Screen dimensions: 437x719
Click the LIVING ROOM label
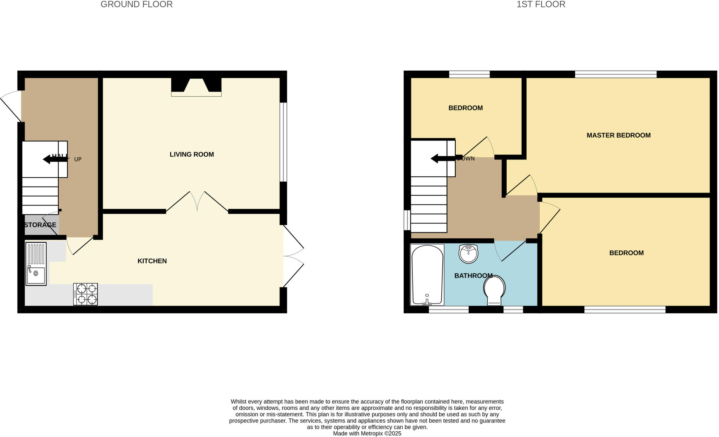pyautogui.click(x=192, y=154)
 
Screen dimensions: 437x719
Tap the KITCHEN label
pyautogui.click(x=152, y=261)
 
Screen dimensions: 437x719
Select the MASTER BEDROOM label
pyautogui.click(x=618, y=135)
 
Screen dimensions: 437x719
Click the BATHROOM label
pyautogui.click(x=473, y=276)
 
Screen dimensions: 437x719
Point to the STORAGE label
pyautogui.click(x=40, y=225)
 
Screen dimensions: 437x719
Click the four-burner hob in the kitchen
pyautogui.click(x=86, y=294)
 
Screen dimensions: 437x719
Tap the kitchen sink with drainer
pyautogui.click(x=36, y=264)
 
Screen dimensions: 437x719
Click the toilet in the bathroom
pyautogui.click(x=494, y=290)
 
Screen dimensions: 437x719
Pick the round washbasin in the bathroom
pyautogui.click(x=468, y=254)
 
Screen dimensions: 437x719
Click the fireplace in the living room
pyautogui.click(x=196, y=86)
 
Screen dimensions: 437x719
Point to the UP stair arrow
pyautogui.click(x=55, y=159)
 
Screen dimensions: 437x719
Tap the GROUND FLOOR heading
pyautogui.click(x=137, y=5)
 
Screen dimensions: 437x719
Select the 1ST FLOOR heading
pyautogui.click(x=541, y=5)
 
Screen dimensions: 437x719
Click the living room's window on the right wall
pyautogui.click(x=283, y=142)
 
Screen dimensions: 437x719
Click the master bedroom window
pyautogui.click(x=615, y=74)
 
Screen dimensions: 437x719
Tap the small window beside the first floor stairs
pyautogui.click(x=407, y=220)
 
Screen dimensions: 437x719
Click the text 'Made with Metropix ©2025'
pyautogui.click(x=367, y=433)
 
